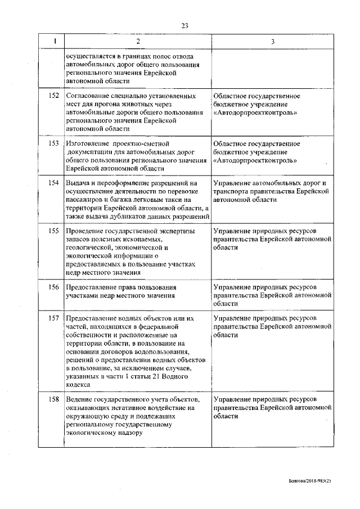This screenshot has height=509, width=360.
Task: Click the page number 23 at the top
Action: [x=184, y=25]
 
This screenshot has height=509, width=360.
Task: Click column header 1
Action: [x=54, y=41]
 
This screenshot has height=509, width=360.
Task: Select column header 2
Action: [x=138, y=41]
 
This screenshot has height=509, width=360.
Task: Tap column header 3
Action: [x=273, y=41]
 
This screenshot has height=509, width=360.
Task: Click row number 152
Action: [x=54, y=96]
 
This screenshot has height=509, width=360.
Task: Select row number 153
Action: [x=54, y=143]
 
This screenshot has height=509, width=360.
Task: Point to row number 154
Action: [x=54, y=183]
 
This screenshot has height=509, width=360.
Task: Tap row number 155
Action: [x=54, y=231]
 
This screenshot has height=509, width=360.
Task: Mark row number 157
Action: [x=54, y=318]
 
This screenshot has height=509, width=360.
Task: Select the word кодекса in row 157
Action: [x=78, y=385]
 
